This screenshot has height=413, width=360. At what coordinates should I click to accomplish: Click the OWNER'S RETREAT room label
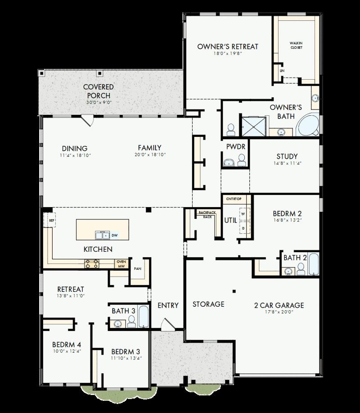point(228,46)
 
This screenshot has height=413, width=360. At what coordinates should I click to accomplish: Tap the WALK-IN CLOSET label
point(296,45)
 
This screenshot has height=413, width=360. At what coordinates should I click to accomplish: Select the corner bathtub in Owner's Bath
point(308,126)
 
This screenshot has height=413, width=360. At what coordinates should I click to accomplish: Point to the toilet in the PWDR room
point(242,160)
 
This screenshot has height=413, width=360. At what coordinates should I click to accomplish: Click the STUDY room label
point(287,156)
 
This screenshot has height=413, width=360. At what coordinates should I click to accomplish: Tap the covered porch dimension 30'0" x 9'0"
point(99,103)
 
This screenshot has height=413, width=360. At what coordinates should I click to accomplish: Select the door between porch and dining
point(87,120)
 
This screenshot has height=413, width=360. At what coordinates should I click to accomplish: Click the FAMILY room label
point(149,148)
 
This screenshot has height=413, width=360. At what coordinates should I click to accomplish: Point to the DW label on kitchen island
point(114,235)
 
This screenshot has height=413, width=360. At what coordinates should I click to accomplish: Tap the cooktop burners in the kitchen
point(92,263)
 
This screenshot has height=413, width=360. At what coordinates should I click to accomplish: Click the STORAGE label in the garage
point(208,304)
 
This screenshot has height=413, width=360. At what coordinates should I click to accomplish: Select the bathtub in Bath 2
point(313,264)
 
